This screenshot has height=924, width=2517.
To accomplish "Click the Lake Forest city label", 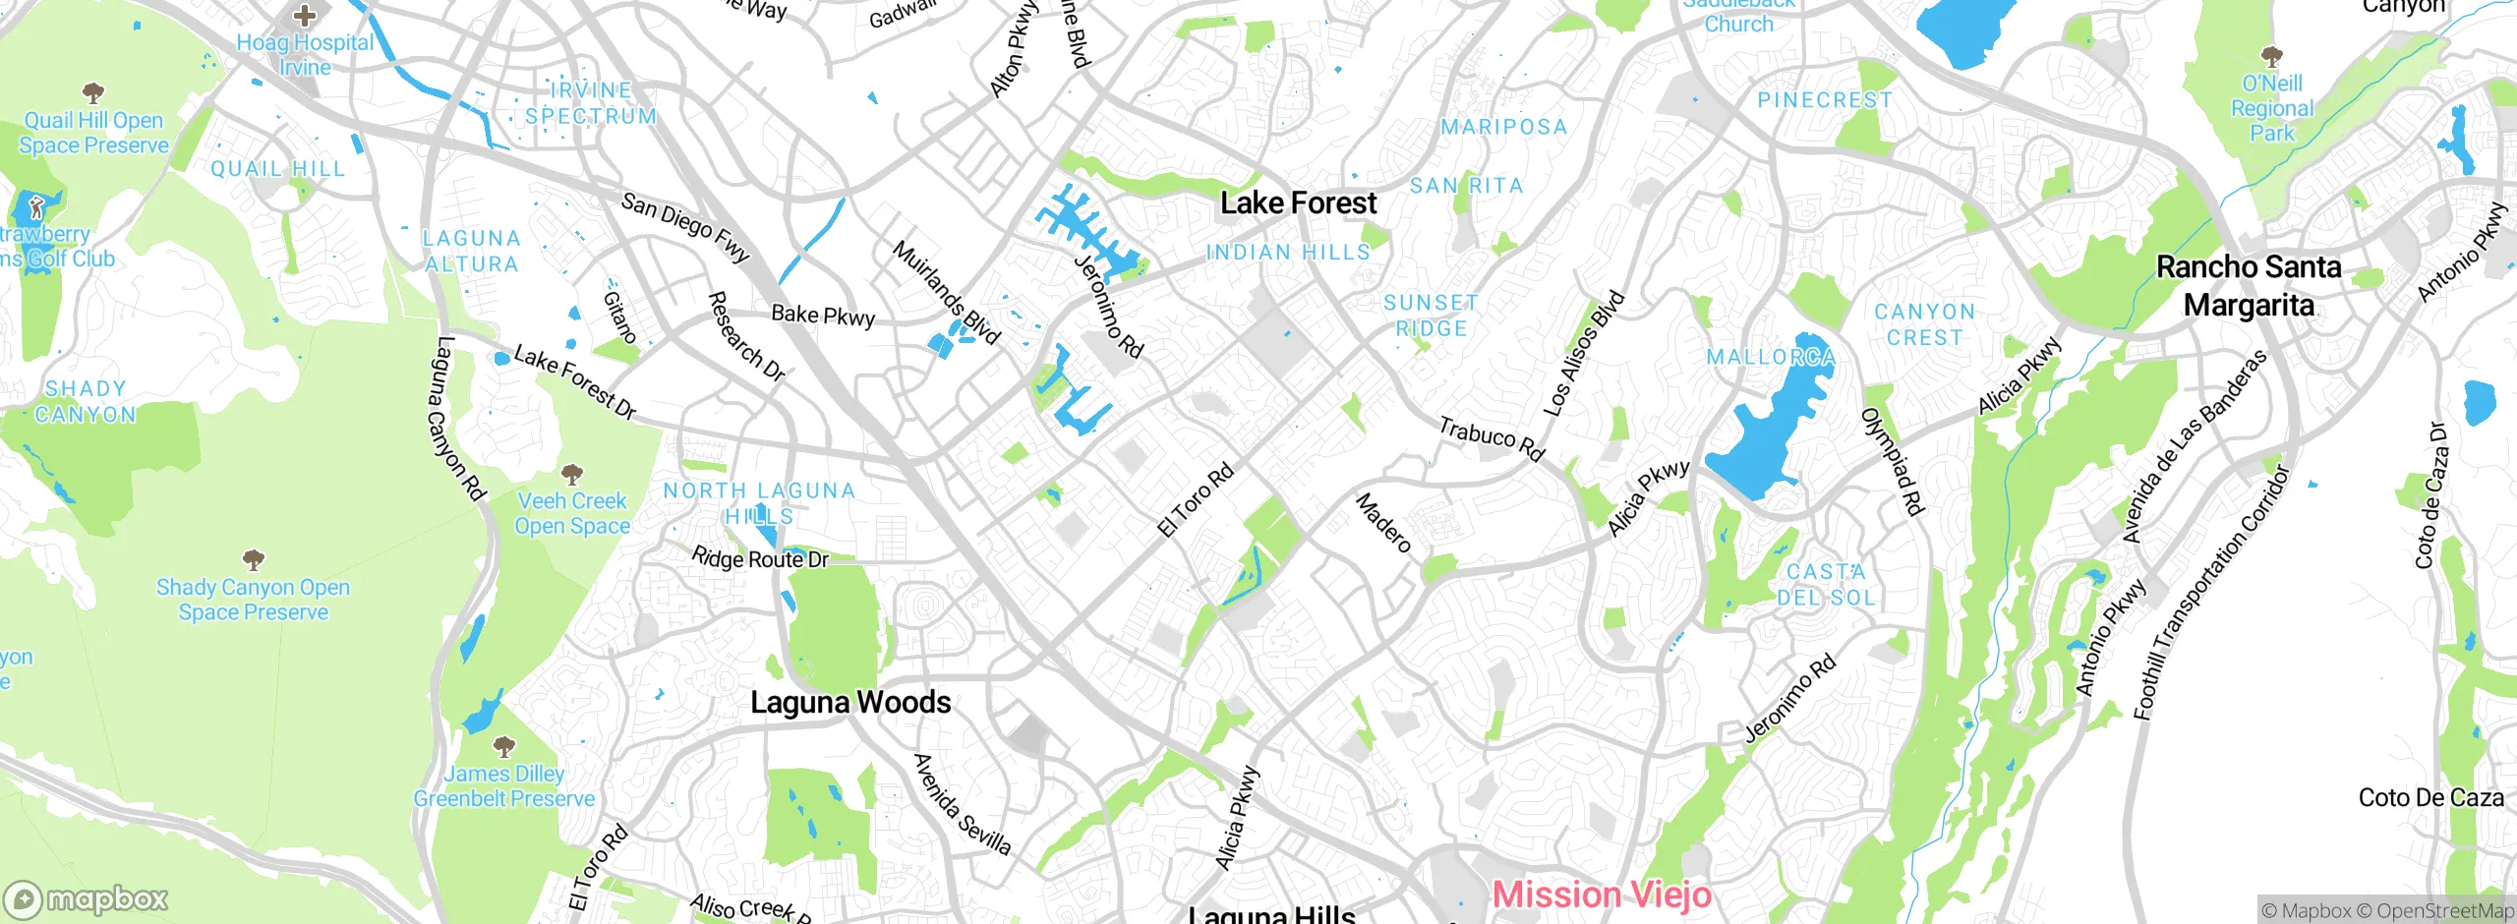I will tap(1298, 203).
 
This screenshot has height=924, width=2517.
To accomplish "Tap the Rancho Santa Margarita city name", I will tap(2248, 286).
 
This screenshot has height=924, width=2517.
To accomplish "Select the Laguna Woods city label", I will tap(850, 703).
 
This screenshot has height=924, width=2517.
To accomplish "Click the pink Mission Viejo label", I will tap(1602, 895).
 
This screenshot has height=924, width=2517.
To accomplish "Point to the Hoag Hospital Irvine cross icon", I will tap(305, 16).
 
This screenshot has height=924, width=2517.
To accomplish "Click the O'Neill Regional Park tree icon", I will tap(2271, 56).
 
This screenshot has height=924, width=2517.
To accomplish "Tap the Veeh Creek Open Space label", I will tap(572, 513).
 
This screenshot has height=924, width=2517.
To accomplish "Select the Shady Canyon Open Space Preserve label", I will tap(253, 600).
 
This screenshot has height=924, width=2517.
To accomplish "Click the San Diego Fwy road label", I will tap(685, 228).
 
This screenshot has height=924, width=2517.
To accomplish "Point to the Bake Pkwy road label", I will tap(823, 316).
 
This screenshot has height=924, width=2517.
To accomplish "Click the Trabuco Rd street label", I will tap(1492, 438).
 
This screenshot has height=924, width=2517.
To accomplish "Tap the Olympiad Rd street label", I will tap(1893, 461).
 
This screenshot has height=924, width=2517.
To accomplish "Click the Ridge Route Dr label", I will tap(760, 559).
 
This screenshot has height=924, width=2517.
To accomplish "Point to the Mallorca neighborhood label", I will tap(1770, 357).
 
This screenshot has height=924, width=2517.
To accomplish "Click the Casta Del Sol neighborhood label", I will tap(1826, 584).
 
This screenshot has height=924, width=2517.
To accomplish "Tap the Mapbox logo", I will tap(87, 898).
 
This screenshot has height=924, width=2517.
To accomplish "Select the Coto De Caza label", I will tap(2430, 798).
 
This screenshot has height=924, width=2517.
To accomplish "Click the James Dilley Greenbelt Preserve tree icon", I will tap(503, 746).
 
